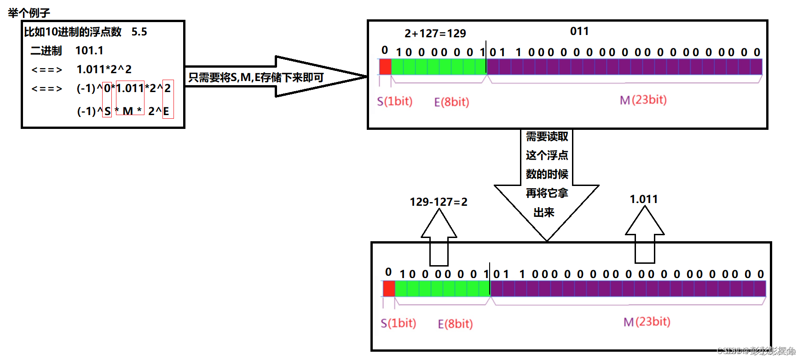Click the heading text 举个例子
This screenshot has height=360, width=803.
[x=29, y=12]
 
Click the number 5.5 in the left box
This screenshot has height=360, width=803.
[x=139, y=32]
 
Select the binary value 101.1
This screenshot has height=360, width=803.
[x=89, y=50]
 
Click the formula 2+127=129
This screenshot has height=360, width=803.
[x=435, y=33]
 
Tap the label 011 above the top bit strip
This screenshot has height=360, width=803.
[x=579, y=31]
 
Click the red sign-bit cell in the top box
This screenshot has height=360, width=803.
[x=385, y=67]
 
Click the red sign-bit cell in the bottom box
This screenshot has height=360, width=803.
[x=389, y=289]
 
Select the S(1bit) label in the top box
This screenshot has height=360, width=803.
[x=394, y=101]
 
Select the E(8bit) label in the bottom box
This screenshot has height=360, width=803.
[x=455, y=324]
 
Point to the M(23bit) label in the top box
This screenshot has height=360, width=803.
[x=643, y=100]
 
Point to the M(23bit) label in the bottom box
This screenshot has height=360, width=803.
[x=647, y=322]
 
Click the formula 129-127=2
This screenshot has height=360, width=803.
[x=438, y=202]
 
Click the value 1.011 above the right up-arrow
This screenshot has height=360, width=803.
[x=643, y=199]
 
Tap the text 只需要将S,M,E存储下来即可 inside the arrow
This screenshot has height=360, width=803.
[x=256, y=77]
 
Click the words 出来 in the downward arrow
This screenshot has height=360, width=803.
[x=543, y=212]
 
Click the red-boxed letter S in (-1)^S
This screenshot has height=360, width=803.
[x=107, y=111]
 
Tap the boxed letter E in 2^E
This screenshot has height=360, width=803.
[x=166, y=111]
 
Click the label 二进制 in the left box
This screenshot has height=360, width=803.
[x=46, y=51]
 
